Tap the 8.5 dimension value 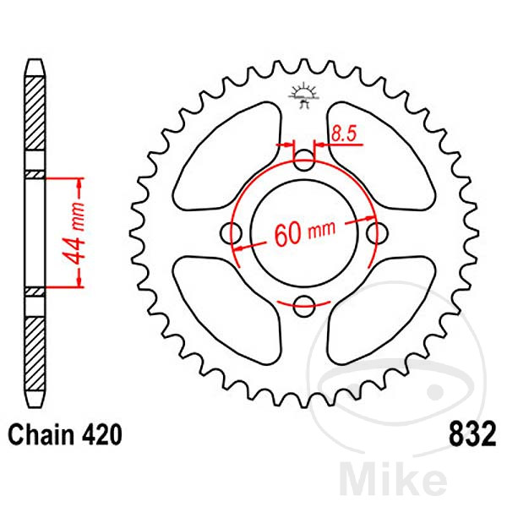[344, 132]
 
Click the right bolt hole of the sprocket [379, 232]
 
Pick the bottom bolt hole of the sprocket [304, 306]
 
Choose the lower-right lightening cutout [380, 308]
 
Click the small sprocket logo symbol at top [303, 94]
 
